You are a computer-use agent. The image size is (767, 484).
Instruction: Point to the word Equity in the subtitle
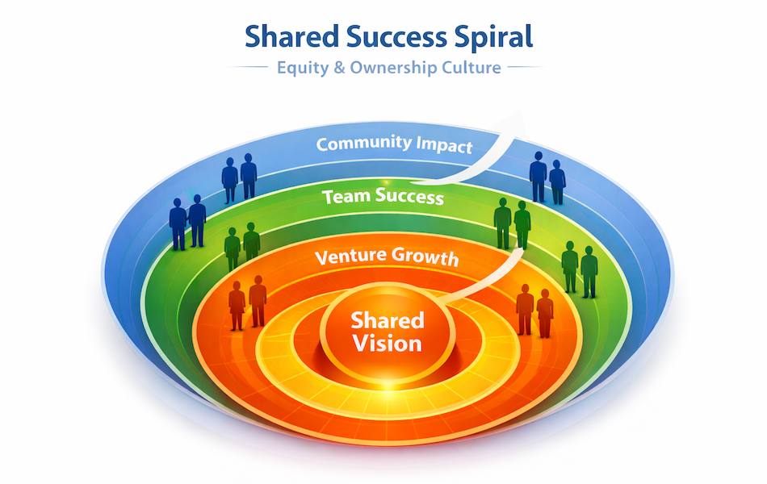pos(300,68)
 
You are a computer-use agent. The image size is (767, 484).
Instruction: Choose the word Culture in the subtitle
pos(471,68)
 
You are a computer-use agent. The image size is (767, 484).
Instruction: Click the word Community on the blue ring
pos(363,144)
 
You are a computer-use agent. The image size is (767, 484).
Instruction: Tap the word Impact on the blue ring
pos(444,146)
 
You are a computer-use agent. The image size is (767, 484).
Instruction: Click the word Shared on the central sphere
pos(387,320)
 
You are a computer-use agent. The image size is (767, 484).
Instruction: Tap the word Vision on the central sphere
pos(387,343)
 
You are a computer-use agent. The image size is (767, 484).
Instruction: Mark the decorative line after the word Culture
pos(526,68)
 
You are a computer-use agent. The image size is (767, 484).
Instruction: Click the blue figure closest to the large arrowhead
pos(538,176)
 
